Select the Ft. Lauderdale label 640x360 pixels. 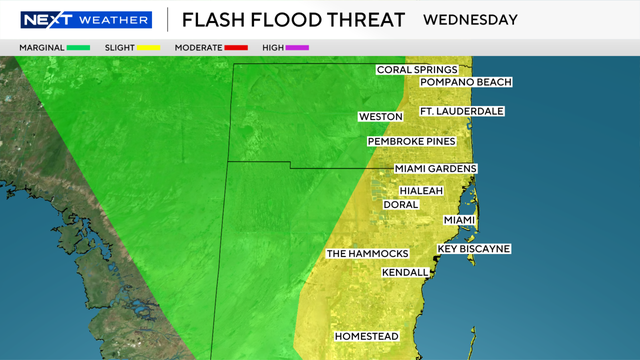[x=461, y=111]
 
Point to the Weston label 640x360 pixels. [x=380, y=118]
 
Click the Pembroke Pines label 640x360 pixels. [x=412, y=142]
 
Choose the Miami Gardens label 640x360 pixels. [x=435, y=169]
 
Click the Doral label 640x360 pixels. [x=400, y=204]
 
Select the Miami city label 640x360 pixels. [x=458, y=220]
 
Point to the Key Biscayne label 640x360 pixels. [x=474, y=248]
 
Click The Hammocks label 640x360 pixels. [x=365, y=254]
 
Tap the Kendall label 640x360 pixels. [x=405, y=273]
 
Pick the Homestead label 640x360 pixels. [x=366, y=336]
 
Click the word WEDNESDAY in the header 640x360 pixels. [x=470, y=19]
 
